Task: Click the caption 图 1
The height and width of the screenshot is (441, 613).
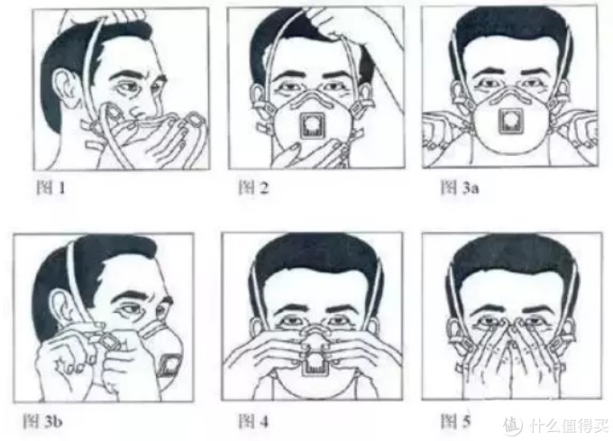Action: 50,188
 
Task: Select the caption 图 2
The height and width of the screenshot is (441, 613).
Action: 253,188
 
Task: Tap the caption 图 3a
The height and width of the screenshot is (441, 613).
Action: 460,188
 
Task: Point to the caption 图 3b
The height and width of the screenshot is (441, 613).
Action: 42,421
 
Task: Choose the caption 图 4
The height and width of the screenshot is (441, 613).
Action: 253,421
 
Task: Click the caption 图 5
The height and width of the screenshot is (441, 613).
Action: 456,421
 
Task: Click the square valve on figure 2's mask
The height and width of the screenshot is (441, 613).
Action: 312,125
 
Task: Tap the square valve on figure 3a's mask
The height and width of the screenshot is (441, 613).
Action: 511,121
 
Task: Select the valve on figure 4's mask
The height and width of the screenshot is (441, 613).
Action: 316,363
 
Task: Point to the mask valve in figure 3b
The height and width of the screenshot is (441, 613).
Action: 170,365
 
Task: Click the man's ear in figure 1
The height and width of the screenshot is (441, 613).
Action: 68,89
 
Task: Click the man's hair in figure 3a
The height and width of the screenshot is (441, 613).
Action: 511,30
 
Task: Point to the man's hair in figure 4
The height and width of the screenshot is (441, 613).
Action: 316,258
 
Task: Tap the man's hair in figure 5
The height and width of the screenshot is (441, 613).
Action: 513,258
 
